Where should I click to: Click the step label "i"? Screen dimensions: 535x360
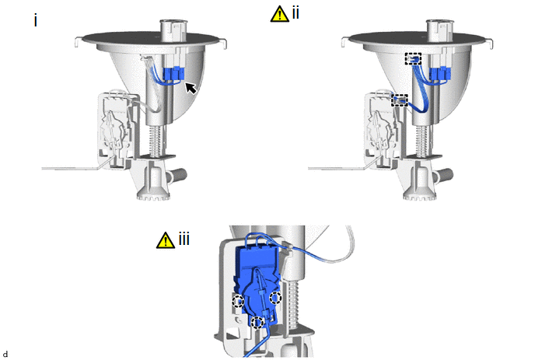click(x=36, y=20)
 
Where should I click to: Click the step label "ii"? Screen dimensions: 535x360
click(x=295, y=13)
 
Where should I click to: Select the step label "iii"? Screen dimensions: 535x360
click(x=184, y=239)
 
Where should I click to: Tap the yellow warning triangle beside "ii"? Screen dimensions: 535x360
click(x=279, y=14)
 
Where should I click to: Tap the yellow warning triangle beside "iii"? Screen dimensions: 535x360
click(x=166, y=240)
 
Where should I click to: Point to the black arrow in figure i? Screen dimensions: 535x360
click(x=191, y=88)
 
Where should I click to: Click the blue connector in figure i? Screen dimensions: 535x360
click(x=173, y=74)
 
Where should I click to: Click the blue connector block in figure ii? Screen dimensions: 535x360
click(x=440, y=74)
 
